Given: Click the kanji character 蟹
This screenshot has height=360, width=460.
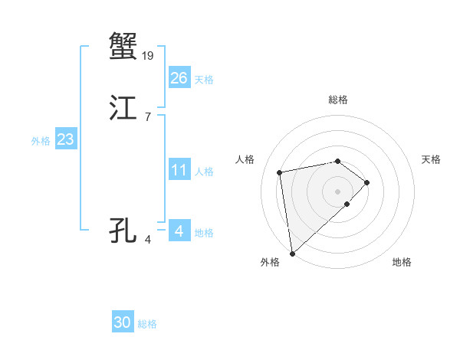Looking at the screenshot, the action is pos(123,45).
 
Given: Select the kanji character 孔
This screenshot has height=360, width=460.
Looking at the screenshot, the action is pos(123,230).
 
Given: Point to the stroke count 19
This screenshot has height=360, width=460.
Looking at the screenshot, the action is pos(149,55).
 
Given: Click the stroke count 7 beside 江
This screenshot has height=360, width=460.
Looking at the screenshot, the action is pos(147,117).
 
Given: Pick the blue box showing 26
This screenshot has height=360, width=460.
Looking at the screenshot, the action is pos(179,78).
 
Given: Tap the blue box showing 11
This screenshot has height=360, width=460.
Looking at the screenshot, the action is pos(179,170).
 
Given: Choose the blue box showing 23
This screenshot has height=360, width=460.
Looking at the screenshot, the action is pos(65,139).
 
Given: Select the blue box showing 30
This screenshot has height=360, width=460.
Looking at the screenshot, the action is pos(123,323).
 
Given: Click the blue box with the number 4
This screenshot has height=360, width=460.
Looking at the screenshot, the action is pos(179,231).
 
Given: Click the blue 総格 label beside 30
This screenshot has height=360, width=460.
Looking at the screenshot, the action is pos(147,325).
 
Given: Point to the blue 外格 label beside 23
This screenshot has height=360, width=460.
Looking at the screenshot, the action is pos(41,141).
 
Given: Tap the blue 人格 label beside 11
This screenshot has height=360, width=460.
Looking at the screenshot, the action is pos(204,172).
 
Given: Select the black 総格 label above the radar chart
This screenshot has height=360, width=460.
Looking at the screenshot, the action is pos(337,100).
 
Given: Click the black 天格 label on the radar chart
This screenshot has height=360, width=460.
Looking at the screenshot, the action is pos(431,159).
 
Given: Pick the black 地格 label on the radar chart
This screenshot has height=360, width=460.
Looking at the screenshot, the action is pos(402,262).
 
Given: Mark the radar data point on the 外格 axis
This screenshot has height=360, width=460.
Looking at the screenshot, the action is pos(292,253).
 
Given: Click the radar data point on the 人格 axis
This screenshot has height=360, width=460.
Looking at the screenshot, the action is pos(280,172).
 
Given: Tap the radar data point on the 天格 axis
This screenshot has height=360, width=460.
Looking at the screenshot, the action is pos(367,182).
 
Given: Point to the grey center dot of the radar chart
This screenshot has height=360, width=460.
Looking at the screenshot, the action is pos(337,191).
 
